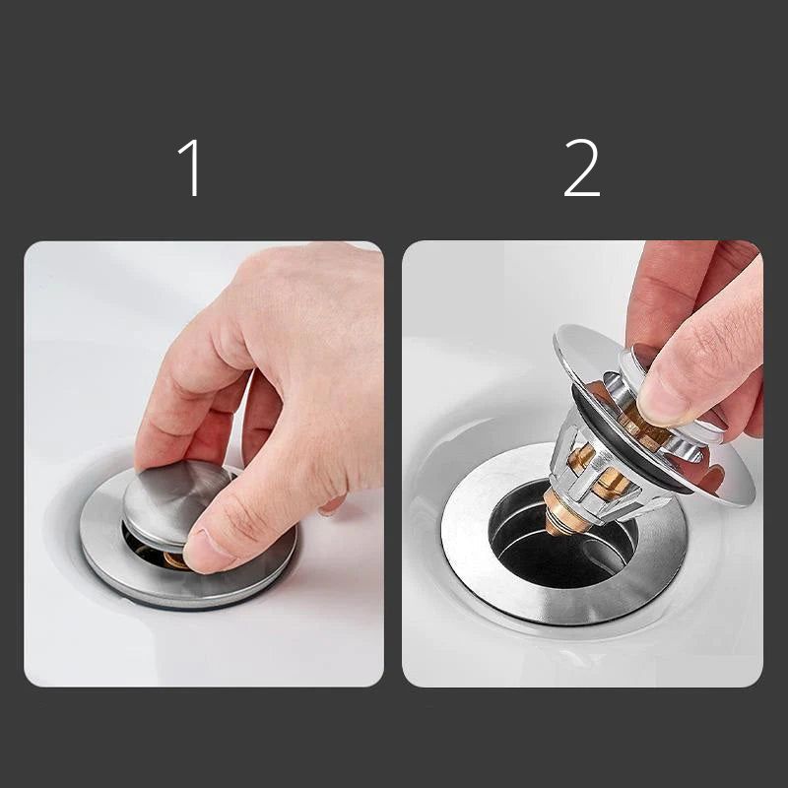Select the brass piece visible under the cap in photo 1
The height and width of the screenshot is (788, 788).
[176, 559]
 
